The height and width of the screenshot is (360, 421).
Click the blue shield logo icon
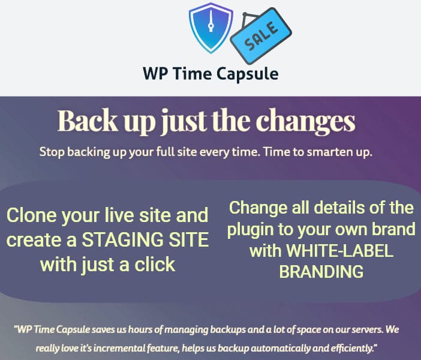210,28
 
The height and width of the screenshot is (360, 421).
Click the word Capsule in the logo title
247,74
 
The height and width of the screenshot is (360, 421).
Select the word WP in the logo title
155,73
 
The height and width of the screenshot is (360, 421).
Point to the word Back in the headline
88,120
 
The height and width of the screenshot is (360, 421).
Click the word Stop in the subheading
52,152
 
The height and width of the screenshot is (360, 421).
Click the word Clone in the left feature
32,215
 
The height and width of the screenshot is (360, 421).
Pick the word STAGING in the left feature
122,239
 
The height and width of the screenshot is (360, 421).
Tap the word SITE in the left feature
188,239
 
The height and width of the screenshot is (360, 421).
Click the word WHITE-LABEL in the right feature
339,250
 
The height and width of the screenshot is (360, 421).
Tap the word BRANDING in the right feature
321,271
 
